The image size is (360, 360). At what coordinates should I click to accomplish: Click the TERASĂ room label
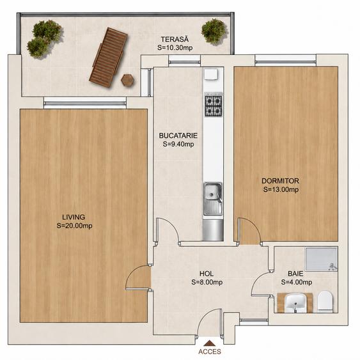[x=175, y=39]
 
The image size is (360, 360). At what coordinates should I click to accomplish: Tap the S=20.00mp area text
[x=74, y=226]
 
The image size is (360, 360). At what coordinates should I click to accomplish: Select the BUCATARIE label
[x=178, y=136]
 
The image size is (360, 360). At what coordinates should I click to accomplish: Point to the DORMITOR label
[x=280, y=181]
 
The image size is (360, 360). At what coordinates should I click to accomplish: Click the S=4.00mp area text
[x=297, y=282]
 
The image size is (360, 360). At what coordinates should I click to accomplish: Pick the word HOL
[x=207, y=274]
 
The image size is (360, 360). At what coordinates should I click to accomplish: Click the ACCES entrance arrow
[x=209, y=343]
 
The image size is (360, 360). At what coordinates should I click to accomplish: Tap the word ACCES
[x=210, y=352]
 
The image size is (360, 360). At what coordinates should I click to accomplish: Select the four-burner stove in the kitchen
[x=214, y=105]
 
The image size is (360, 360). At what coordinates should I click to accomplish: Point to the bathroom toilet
[x=325, y=301]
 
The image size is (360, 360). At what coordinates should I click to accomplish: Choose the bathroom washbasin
[x=295, y=303]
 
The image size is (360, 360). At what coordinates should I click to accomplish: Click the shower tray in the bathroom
[x=321, y=259]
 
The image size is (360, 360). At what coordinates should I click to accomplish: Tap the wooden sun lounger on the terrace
[x=108, y=58]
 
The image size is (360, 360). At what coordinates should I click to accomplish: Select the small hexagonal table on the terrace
[x=127, y=80]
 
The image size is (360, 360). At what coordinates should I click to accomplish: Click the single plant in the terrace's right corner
[x=214, y=31]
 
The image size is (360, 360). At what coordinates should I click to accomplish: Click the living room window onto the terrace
[x=85, y=103]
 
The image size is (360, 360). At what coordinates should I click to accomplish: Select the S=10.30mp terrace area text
[x=175, y=48]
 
